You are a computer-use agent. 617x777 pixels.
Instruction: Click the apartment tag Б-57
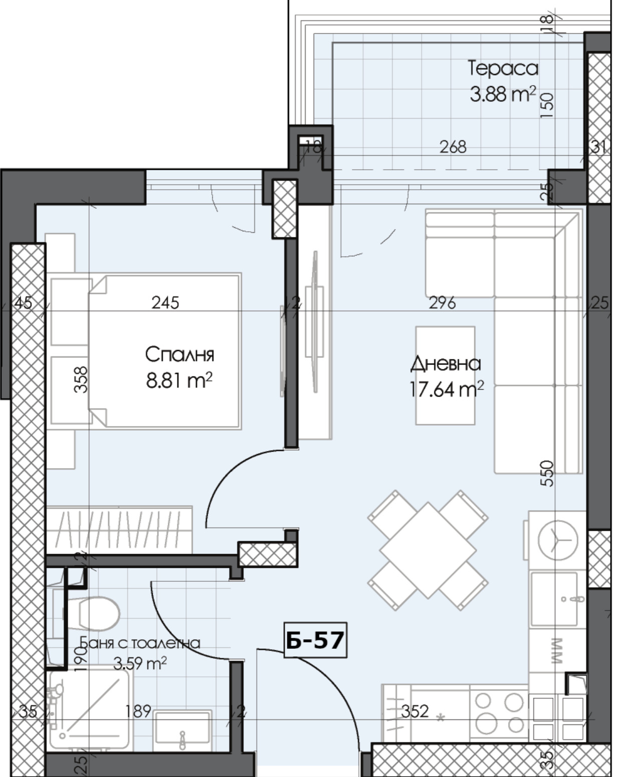coord(315,640)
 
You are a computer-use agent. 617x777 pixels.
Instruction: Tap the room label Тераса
coord(502,68)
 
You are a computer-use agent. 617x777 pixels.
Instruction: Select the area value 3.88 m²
coord(502,94)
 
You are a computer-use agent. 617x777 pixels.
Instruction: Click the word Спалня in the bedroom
coord(179,354)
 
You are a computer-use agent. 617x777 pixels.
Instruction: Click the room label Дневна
coord(445,363)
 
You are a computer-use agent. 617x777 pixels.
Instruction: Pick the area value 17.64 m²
coord(446,390)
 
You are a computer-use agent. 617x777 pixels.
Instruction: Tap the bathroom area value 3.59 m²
coord(140,664)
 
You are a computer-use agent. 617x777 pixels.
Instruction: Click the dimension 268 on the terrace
coord(453,147)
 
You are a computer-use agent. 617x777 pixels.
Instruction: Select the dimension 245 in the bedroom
coord(165,302)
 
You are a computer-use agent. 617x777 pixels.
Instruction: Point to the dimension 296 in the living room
coord(442,302)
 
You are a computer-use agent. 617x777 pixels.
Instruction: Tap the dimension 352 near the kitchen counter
coord(415,711)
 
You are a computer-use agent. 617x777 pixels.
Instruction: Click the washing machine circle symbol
coord(557,540)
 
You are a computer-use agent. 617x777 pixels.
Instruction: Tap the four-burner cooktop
coord(499,713)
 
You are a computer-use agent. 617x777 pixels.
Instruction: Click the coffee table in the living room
coord(445,375)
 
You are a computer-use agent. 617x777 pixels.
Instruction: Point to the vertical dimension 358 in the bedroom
coord(81,379)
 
